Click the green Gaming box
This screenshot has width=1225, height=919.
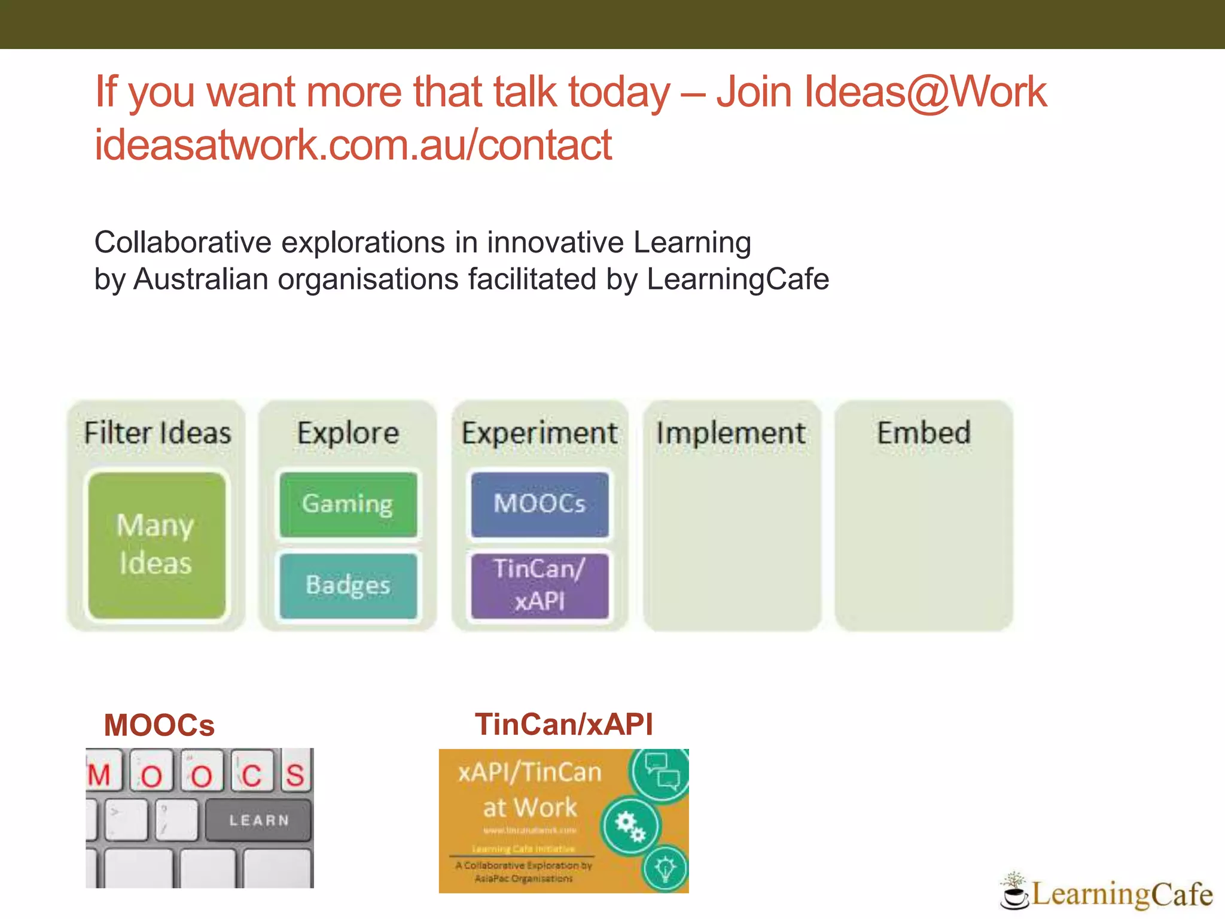coord(348,504)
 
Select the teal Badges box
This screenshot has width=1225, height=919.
coord(348,585)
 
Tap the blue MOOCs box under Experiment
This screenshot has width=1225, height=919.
coord(540,504)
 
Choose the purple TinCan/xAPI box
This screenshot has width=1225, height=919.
coord(540,585)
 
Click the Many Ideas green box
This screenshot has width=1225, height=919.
coord(156,545)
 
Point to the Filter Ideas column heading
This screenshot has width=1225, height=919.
coord(157,433)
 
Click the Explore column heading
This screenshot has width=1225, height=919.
coord(348,433)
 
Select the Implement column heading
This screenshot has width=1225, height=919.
coord(731,433)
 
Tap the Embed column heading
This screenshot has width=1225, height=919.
coord(924,433)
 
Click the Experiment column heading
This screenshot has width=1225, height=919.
coord(540,433)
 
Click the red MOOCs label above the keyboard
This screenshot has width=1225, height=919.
coord(159,725)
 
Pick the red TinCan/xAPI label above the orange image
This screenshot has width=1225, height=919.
coord(563,724)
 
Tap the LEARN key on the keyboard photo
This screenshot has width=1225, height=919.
coord(258,820)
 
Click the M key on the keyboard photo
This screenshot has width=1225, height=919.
coord(100,775)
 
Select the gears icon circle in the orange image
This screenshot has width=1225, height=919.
coord(630,826)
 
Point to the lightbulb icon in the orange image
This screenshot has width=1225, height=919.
coord(665,868)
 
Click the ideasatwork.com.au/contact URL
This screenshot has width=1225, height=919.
coord(353,145)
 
